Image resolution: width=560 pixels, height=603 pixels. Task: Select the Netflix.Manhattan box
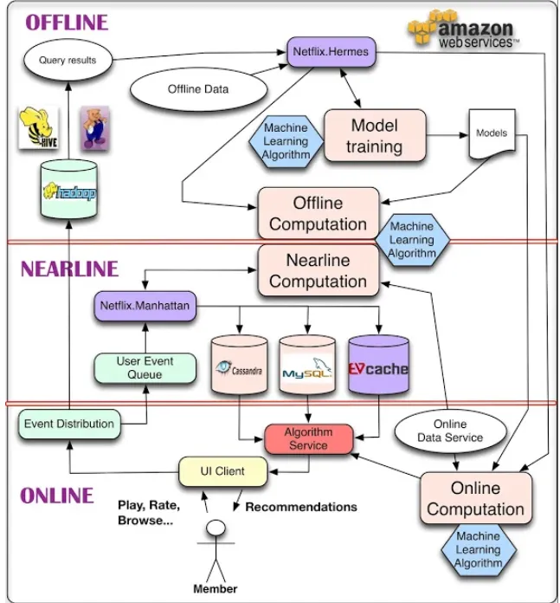coord(145,306)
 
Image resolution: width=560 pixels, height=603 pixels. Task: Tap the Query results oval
coord(68,61)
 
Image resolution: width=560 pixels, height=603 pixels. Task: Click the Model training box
coord(375,136)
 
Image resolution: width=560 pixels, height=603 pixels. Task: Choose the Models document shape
coord(492,135)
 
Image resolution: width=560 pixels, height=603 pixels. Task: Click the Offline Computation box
coord(319,213)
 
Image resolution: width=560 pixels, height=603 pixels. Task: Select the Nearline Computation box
coord(319,270)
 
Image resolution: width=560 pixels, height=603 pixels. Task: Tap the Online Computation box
coord(475,498)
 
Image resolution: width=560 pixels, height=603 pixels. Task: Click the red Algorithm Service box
coord(308,438)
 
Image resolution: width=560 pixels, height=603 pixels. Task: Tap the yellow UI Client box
coord(222,471)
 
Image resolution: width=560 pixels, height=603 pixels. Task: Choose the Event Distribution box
coord(68,424)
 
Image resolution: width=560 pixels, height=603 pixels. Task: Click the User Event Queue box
coord(145,367)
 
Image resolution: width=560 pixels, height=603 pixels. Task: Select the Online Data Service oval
coord(450,431)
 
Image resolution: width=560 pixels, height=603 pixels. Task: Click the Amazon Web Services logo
coord(463,31)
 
